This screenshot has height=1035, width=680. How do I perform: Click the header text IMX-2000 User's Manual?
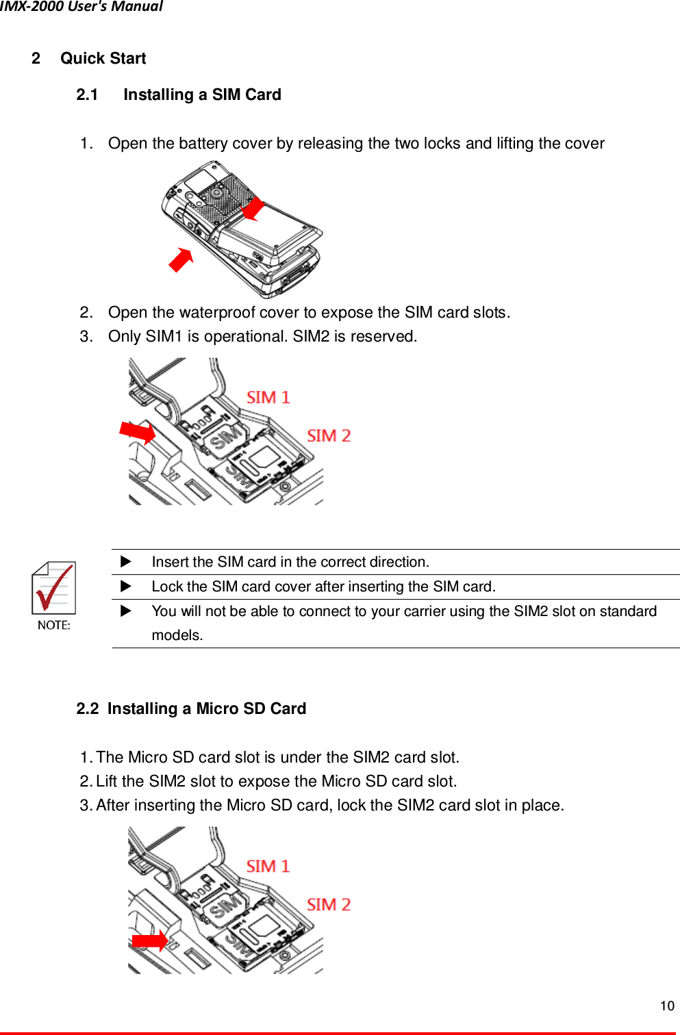click(81, 7)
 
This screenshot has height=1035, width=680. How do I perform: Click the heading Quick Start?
click(103, 58)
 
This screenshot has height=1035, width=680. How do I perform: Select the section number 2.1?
click(87, 94)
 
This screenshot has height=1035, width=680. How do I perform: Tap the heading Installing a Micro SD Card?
click(206, 708)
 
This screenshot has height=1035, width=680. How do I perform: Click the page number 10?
click(666, 1006)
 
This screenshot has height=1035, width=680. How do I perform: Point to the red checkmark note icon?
click(53, 589)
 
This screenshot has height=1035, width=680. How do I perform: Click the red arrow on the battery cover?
click(253, 209)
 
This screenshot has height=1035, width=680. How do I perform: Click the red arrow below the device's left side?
click(181, 260)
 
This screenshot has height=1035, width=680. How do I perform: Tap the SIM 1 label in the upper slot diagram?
click(268, 398)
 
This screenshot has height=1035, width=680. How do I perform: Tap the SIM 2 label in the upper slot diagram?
click(328, 436)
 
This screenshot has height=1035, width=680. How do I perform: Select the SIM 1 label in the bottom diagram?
click(268, 867)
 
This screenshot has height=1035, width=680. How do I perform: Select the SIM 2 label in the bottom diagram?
click(328, 904)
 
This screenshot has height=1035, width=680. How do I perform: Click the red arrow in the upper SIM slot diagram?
click(138, 432)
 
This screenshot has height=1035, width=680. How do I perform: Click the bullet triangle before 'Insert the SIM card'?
click(125, 562)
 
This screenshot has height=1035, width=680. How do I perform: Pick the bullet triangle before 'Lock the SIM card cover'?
click(125, 587)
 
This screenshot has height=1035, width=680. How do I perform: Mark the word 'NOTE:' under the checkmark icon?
click(54, 625)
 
